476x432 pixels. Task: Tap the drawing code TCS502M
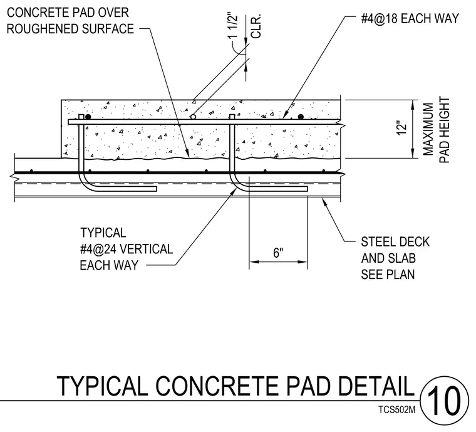pos(396,410)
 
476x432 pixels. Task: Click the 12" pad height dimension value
pos(402,129)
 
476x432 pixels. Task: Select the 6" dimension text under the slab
pos(278,253)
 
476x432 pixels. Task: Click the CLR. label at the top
pos(257,26)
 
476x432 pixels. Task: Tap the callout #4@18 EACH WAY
pos(410,19)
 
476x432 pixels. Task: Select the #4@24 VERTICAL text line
pos(127,249)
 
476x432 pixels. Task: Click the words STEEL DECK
pos(395,242)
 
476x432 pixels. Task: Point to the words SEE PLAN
pos(388,275)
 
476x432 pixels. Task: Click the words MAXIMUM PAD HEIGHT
pos(436,130)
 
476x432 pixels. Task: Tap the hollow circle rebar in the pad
pos(193,117)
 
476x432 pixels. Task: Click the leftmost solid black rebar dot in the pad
pos(88,117)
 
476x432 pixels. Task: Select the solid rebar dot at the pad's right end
pos(301,117)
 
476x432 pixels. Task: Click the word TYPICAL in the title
pos(102,386)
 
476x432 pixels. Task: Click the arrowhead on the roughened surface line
pos(188,153)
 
